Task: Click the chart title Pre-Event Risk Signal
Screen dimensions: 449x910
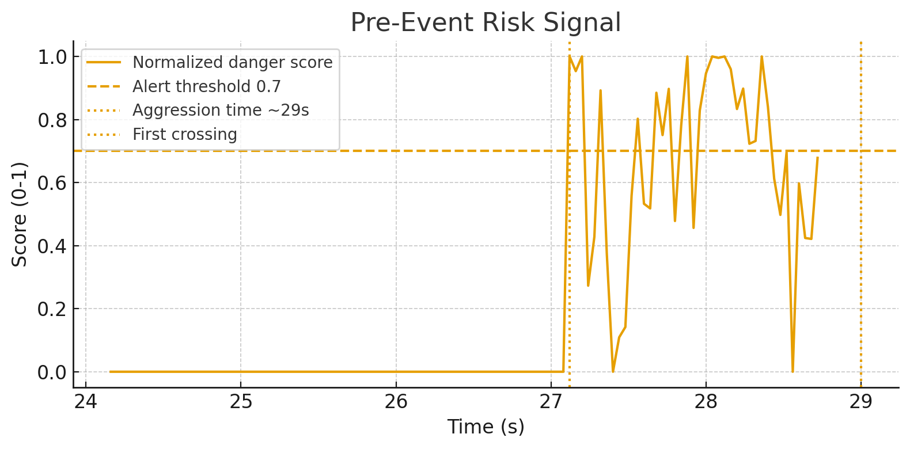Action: (x=486, y=23)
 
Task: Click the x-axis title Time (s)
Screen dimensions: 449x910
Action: (x=486, y=427)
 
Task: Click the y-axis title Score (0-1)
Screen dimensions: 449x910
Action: (x=20, y=214)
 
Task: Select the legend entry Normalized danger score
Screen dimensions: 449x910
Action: (x=232, y=62)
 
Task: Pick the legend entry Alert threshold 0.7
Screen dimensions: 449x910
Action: (x=206, y=86)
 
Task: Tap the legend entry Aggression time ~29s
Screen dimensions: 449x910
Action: (x=221, y=110)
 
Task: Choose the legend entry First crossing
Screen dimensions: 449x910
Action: (x=184, y=134)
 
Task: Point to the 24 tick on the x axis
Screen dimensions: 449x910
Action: (x=86, y=402)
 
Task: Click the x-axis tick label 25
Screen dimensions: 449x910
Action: (x=241, y=402)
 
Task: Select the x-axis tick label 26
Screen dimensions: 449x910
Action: (x=396, y=402)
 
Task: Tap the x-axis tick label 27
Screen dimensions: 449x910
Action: (x=551, y=402)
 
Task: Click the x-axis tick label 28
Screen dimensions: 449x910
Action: (x=706, y=402)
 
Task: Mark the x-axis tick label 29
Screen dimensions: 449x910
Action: (x=861, y=402)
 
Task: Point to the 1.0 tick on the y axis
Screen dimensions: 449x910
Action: (x=52, y=58)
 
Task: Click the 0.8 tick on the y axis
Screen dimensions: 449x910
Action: (x=52, y=120)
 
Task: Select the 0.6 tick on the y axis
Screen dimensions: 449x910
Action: (x=52, y=183)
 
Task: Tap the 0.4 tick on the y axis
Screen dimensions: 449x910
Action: (x=52, y=246)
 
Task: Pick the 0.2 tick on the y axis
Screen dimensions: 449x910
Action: (x=52, y=309)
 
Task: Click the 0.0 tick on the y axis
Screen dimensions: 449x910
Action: (x=52, y=372)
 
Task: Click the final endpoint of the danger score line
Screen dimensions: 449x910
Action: (x=817, y=157)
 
